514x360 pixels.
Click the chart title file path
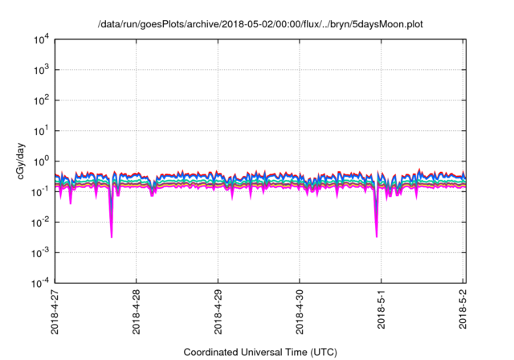(x=260, y=25)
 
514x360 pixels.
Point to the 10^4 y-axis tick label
(x=41, y=39)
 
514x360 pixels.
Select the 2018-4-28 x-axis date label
(x=136, y=312)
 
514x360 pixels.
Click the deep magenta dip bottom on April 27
(x=112, y=236)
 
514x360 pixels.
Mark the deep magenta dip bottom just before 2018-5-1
(x=377, y=236)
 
